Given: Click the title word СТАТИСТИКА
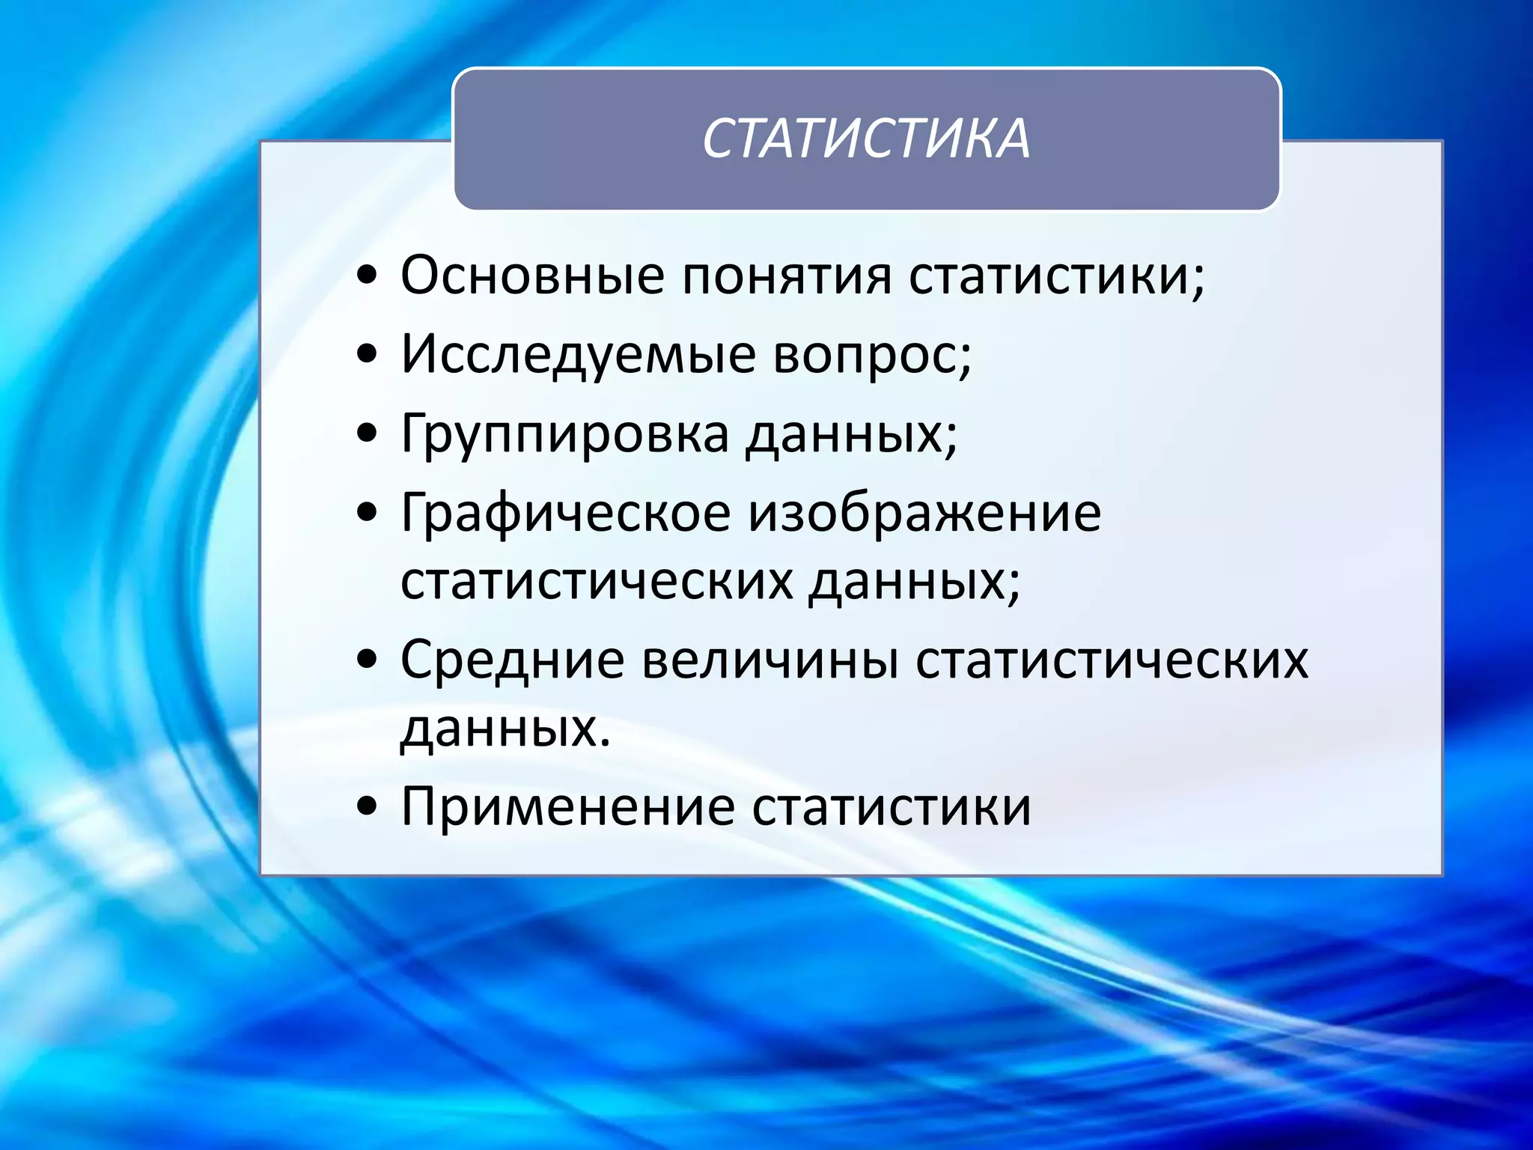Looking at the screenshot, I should [866, 139].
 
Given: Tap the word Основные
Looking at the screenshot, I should [532, 275].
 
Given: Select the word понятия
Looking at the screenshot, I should [787, 276].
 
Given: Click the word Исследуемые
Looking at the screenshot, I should [578, 354].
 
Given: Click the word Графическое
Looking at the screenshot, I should [565, 514].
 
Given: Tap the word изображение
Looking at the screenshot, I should [925, 514].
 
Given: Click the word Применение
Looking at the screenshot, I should [567, 806].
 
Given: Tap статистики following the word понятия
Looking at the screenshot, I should [1056, 275].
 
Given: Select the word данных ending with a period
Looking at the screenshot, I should [505, 728].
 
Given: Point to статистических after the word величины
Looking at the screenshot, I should [1112, 660].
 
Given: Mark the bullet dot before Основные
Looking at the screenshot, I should [367, 276].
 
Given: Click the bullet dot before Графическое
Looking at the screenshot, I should [367, 514].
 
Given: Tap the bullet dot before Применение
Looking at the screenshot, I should [367, 807].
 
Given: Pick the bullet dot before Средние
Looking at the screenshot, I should [367, 661].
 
